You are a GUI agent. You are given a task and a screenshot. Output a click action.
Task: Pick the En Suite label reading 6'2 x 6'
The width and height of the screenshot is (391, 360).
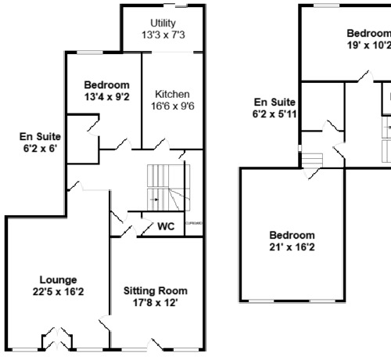(39, 148)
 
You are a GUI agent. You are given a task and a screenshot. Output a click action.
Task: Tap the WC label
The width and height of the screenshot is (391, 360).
(166, 227)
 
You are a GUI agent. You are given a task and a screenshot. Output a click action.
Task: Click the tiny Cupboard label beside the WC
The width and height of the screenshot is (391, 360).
(195, 224)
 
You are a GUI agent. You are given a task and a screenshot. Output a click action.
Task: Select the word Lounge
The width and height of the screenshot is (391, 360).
(59, 279)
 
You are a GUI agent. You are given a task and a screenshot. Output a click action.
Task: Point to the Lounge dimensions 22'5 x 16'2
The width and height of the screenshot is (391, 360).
(59, 293)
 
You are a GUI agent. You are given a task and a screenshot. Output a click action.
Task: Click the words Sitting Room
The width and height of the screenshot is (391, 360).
(156, 290)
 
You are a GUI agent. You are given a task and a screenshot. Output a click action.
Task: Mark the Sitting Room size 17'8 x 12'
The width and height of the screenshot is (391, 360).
(156, 304)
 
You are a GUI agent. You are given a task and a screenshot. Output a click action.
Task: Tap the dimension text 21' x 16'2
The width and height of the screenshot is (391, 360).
(292, 248)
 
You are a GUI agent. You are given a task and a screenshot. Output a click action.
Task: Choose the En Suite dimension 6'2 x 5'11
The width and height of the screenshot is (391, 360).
(273, 113)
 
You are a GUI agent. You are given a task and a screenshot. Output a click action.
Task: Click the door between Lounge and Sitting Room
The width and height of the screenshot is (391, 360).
(104, 320)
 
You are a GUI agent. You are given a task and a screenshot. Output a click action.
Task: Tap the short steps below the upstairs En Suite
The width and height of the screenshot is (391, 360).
(312, 160)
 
